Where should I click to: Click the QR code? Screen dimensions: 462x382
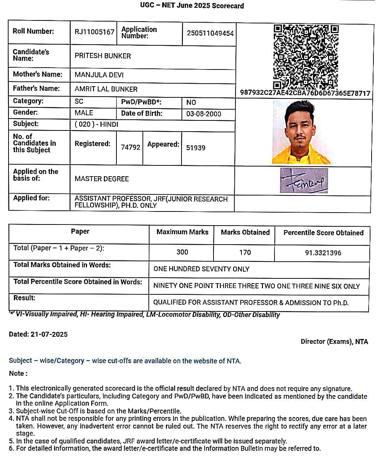(x=306, y=56)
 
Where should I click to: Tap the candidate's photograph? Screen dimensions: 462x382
(x=302, y=132)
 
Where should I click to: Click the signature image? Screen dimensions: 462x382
(x=304, y=181)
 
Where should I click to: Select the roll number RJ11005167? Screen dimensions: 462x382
(x=94, y=32)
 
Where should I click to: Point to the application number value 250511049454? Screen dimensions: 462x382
(x=210, y=33)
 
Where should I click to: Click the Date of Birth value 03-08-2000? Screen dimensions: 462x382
(x=204, y=114)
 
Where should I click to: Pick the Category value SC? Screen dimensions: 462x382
(x=79, y=101)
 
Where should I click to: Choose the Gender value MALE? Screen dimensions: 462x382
(x=84, y=113)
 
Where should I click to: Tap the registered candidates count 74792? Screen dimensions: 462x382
(x=131, y=148)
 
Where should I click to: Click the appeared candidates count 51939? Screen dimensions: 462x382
(x=196, y=148)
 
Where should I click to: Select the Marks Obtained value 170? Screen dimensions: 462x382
(x=245, y=253)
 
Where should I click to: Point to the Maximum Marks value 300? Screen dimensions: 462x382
(x=182, y=252)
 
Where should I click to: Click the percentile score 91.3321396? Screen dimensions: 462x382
(x=323, y=253)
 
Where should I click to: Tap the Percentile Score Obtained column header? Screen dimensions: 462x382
(x=323, y=233)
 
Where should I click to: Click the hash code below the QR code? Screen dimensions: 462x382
(x=305, y=93)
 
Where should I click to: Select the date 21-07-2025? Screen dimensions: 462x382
(x=49, y=335)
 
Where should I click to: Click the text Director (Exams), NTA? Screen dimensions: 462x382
(x=334, y=342)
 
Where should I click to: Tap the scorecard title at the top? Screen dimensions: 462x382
(x=192, y=6)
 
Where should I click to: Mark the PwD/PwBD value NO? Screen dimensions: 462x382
(x=191, y=103)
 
